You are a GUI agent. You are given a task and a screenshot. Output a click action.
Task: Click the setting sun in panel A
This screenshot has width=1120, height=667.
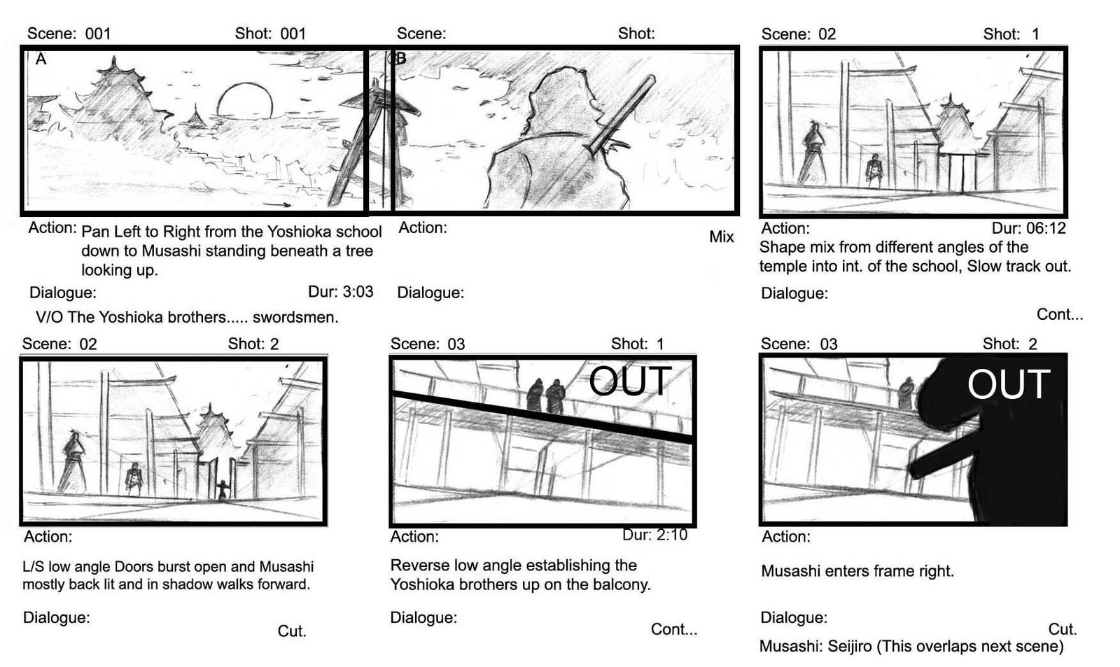(245, 101)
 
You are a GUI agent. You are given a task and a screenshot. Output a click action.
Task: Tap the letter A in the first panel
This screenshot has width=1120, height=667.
(41, 59)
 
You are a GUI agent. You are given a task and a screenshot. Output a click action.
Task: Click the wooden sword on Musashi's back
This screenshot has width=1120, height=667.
(620, 115)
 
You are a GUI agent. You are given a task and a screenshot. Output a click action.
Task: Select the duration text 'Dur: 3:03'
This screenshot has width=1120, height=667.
(340, 291)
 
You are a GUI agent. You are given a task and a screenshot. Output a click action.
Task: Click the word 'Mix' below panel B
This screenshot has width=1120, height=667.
(722, 237)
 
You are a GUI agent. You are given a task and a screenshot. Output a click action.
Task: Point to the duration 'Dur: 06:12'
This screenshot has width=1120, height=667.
(1028, 228)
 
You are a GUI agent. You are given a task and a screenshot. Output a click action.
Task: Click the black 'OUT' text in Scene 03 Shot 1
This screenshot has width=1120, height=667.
(630, 381)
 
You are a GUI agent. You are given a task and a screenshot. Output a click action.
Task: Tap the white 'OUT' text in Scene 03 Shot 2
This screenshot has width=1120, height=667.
(1009, 384)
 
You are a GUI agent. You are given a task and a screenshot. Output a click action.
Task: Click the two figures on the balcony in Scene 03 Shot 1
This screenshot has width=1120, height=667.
(545, 395)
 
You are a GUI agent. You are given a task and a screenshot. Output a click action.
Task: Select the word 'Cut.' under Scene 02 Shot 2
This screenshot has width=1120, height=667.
(292, 631)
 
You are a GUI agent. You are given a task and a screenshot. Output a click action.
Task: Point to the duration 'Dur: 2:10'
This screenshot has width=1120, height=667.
(654, 535)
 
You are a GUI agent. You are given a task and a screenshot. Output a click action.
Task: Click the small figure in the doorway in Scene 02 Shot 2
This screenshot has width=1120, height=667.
(223, 490)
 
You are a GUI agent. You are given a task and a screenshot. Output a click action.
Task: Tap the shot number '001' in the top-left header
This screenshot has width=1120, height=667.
(293, 34)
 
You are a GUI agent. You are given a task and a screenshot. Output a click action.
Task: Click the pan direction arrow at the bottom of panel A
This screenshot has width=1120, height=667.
(276, 204)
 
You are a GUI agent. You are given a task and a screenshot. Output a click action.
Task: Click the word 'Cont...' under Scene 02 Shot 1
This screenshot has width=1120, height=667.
(1060, 314)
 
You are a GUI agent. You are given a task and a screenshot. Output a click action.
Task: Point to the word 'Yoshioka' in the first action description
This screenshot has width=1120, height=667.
(299, 232)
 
